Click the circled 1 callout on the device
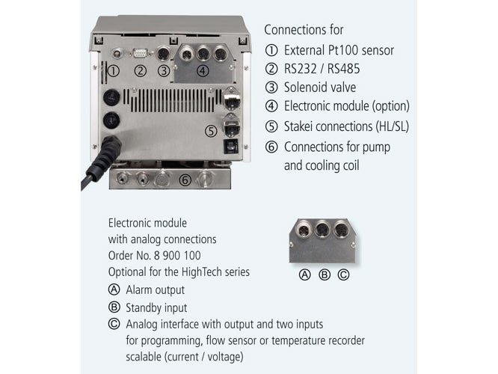(x=114, y=71)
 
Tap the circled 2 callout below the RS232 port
(x=139, y=71)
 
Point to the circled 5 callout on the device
(x=211, y=131)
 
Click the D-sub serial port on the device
(x=138, y=54)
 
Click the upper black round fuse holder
(x=110, y=96)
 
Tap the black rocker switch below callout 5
(x=231, y=146)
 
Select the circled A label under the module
(x=304, y=274)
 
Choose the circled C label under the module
(x=343, y=274)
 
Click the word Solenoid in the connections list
(x=307, y=88)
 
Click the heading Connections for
(x=304, y=30)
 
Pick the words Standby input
(x=156, y=307)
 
